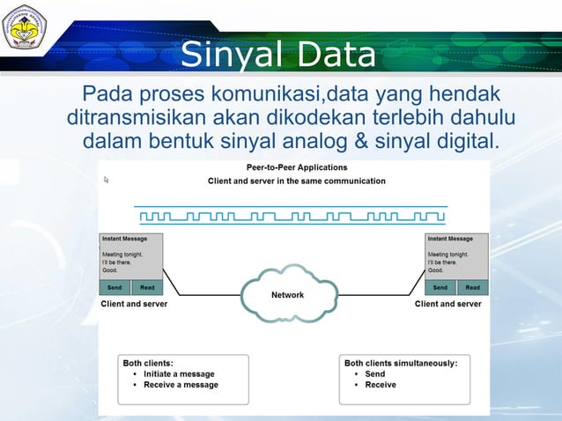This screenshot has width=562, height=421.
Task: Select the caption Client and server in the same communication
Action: [x=296, y=181]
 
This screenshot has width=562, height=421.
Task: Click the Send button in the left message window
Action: [x=115, y=287]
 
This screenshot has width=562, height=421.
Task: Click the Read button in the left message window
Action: [x=147, y=287]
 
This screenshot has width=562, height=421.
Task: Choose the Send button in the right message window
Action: [x=440, y=287]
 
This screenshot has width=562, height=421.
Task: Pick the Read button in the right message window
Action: [x=473, y=287]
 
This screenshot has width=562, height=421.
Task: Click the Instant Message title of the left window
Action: [x=124, y=239]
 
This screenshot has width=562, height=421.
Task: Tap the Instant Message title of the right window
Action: [x=450, y=239]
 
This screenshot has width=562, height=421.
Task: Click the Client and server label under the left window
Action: [x=134, y=304]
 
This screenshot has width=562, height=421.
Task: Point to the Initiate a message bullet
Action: [x=179, y=373]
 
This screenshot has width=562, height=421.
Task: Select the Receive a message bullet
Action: [x=181, y=385]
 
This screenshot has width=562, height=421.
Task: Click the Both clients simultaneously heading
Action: [x=401, y=362]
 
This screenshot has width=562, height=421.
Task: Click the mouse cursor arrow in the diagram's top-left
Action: [x=107, y=180]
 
